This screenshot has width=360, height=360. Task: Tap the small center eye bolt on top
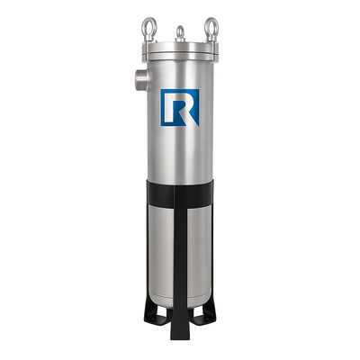(180, 32)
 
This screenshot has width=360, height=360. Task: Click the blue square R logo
(180, 107)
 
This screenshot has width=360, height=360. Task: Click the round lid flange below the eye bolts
(180, 54)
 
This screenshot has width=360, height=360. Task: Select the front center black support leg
(180, 270)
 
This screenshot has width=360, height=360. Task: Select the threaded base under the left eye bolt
(148, 40)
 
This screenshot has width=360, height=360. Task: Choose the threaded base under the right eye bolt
(211, 40)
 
